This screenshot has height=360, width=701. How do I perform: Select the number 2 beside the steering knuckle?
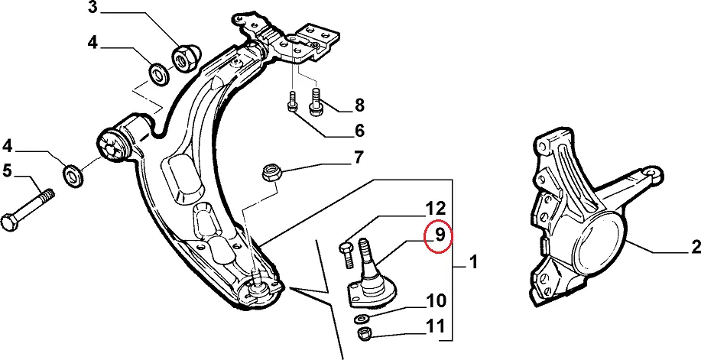(x=695, y=247)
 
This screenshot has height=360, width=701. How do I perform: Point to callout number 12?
(x=435, y=207)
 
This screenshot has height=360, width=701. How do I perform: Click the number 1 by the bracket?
(x=473, y=264)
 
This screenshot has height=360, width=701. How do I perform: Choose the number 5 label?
(x=7, y=171)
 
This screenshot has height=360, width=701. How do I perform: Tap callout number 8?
(x=359, y=105)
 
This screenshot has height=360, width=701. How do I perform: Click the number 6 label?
(x=359, y=131)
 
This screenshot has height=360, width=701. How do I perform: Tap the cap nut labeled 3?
(x=183, y=58)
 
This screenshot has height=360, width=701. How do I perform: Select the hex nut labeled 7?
(x=271, y=172)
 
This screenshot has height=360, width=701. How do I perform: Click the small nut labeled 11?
(x=365, y=333)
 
